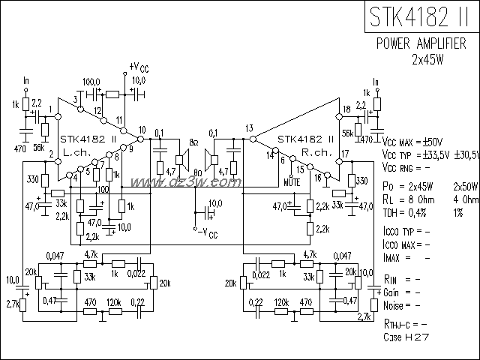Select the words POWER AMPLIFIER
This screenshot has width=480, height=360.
[421, 45]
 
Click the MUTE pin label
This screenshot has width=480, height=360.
[294, 181]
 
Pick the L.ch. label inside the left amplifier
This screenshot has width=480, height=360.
[76, 151]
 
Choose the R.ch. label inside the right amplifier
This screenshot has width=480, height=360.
[313, 151]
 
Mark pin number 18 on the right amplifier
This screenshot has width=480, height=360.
[346, 109]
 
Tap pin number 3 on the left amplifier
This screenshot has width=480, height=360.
[76, 100]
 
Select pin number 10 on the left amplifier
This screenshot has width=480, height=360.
[141, 130]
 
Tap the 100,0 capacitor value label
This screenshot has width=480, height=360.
[91, 81]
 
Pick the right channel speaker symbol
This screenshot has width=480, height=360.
[213, 159]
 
